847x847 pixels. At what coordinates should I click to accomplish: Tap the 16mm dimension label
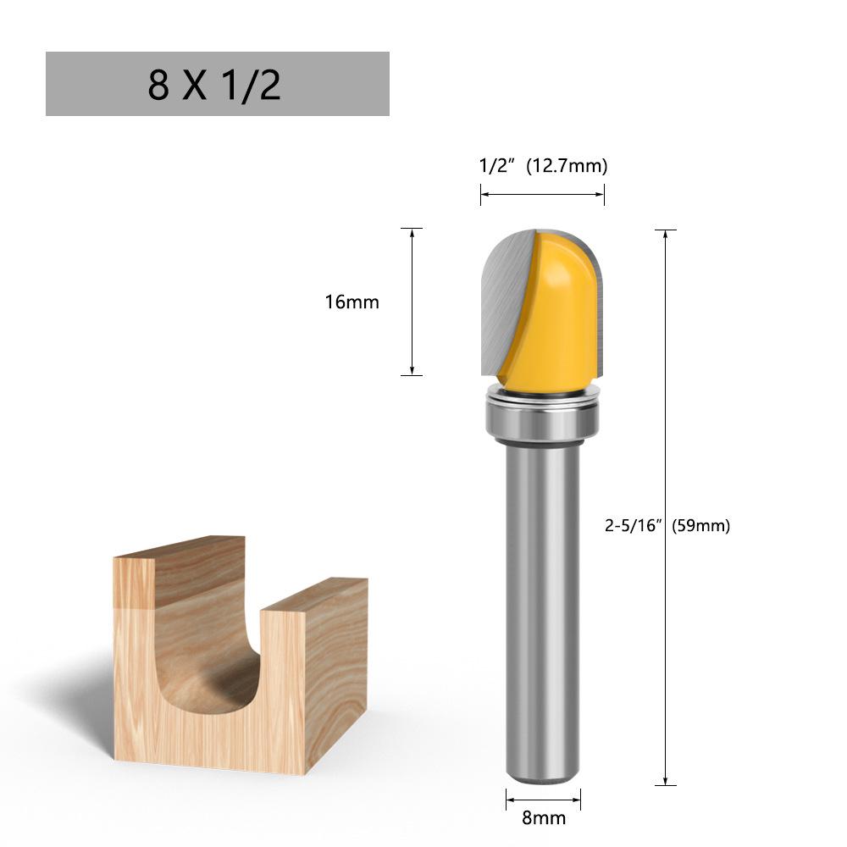pyautogui.click(x=352, y=302)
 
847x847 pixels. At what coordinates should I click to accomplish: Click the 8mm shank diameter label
pyautogui.click(x=544, y=818)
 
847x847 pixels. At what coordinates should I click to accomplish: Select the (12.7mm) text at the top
pyautogui.click(x=567, y=166)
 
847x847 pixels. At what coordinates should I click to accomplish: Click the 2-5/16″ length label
pyautogui.click(x=633, y=525)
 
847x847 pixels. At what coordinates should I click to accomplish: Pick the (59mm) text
pyautogui.click(x=700, y=525)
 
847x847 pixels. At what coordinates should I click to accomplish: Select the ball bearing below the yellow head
pyautogui.click(x=543, y=418)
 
